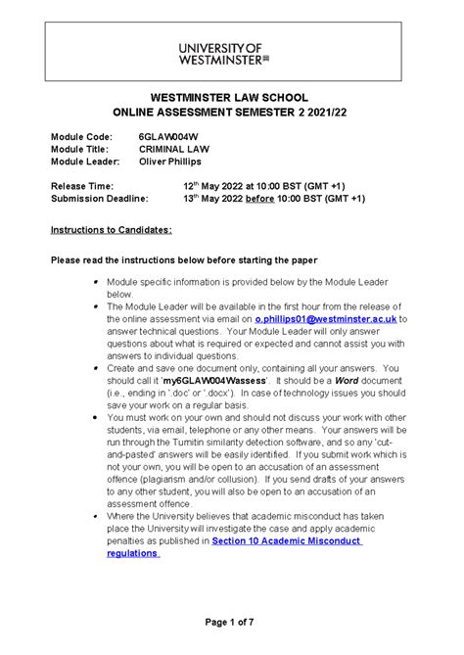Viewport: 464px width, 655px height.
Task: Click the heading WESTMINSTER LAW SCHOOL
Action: pyautogui.click(x=231, y=98)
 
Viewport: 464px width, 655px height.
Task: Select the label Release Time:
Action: pyautogui.click(x=82, y=185)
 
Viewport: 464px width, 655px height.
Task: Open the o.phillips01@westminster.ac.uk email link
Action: pyautogui.click(x=327, y=318)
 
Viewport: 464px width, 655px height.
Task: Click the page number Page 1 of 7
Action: pyautogui.click(x=231, y=624)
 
